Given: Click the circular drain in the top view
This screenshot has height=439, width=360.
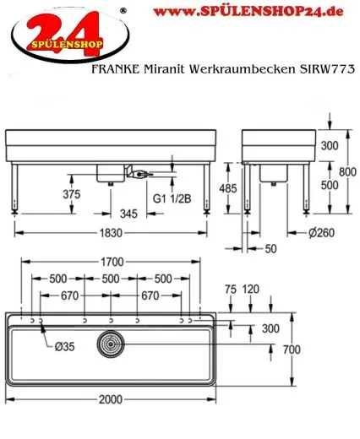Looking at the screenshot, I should click(110, 344).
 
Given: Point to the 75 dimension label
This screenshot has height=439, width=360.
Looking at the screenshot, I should click(232, 289).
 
